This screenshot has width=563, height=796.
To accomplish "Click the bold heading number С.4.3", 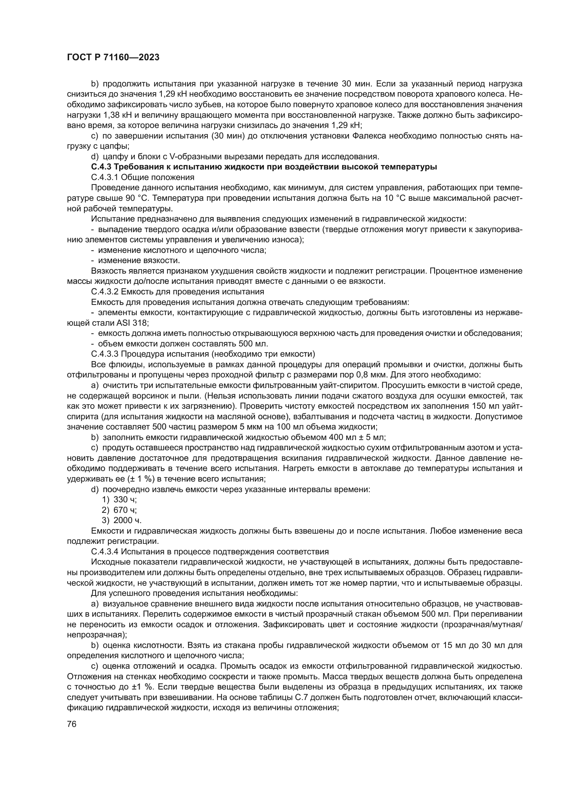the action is click(x=101, y=167).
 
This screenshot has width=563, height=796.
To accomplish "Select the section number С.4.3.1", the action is click(x=105, y=178).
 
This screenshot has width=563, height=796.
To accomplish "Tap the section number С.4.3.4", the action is click(x=105, y=552).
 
